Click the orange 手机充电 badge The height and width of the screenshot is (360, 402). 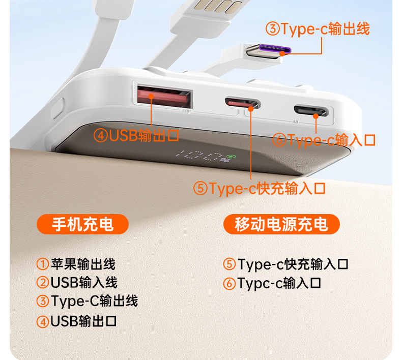point(82,224)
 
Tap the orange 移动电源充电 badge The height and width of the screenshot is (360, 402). point(281,224)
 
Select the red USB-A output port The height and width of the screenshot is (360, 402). point(164,97)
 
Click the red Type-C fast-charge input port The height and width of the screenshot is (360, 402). point(243,103)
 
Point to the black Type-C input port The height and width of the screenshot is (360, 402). point(311,110)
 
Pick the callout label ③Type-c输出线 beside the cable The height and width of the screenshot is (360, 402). point(318,28)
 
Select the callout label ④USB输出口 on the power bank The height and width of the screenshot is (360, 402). point(136,136)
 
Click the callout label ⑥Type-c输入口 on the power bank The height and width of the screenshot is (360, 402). point(324,140)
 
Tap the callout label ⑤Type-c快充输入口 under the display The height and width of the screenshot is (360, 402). point(259,188)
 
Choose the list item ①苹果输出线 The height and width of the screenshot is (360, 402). point(76,264)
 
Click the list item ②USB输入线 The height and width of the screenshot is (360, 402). point(77,282)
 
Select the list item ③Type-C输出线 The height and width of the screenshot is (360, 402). point(87,301)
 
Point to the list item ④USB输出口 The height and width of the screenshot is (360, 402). point(76,321)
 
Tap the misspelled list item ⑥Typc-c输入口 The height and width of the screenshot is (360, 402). point(272,283)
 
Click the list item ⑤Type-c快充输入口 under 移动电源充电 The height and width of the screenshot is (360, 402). point(285,264)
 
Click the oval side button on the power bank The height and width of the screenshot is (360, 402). point(58,108)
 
